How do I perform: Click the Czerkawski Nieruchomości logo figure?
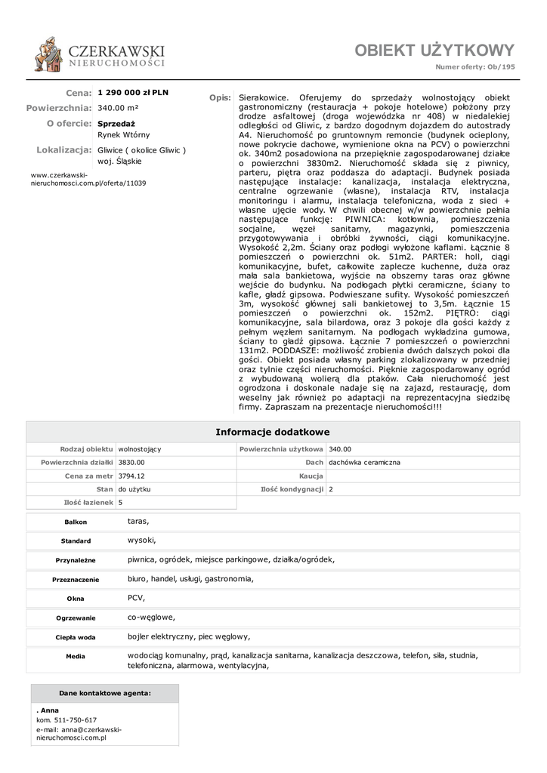(48, 54)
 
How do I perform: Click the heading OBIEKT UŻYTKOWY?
(434, 51)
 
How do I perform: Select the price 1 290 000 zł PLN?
(133, 93)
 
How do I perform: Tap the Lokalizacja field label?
(63, 150)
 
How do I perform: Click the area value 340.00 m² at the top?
(118, 108)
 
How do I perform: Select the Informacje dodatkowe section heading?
(273, 432)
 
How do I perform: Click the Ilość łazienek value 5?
(121, 502)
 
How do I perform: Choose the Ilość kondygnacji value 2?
(331, 489)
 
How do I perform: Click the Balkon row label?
(76, 522)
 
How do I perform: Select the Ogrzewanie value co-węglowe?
(151, 616)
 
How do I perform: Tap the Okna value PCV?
(136, 597)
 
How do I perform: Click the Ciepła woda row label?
(76, 637)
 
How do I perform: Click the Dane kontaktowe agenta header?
(105, 693)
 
